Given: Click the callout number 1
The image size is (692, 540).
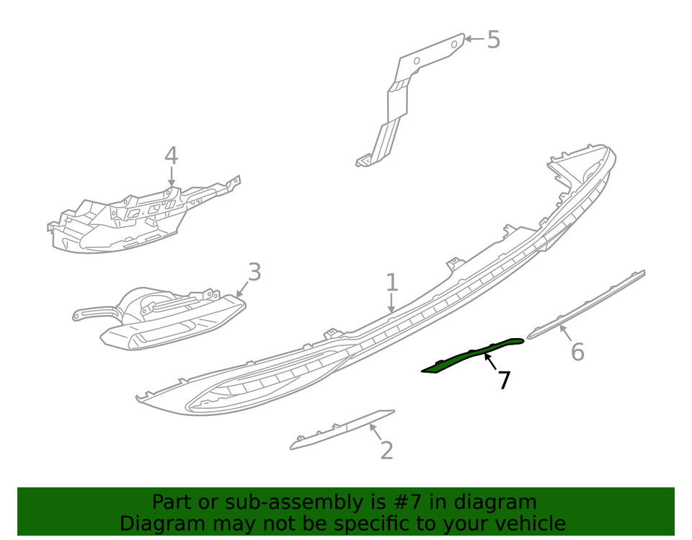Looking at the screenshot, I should (x=391, y=282).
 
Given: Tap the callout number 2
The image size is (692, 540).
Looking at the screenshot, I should (x=386, y=451).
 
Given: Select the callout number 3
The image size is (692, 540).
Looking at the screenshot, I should (x=254, y=273).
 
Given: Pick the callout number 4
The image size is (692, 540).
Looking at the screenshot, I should (x=171, y=156).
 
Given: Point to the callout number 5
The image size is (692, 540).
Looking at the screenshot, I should (x=493, y=40).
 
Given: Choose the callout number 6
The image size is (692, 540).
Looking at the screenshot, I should (x=577, y=352).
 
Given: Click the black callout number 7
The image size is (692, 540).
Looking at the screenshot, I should (x=505, y=381).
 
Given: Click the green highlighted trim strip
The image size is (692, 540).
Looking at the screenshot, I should (x=472, y=355).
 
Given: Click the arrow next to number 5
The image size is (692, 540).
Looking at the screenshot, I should (x=473, y=38).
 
